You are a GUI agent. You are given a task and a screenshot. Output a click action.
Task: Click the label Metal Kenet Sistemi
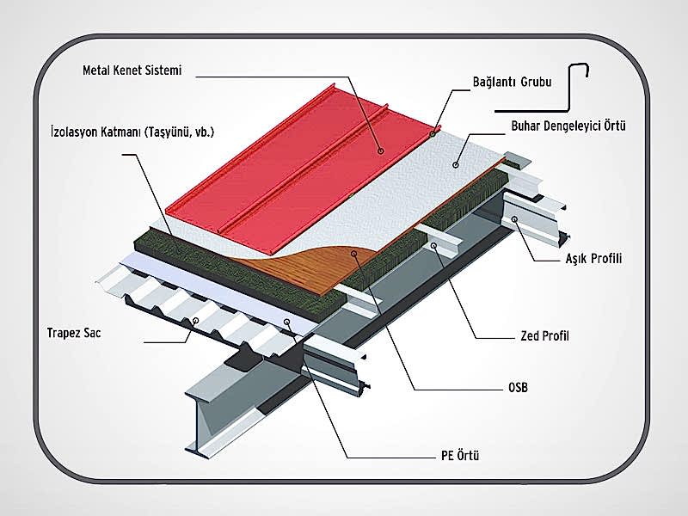[132, 71]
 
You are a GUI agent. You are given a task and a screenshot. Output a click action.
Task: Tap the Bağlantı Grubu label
[512, 82]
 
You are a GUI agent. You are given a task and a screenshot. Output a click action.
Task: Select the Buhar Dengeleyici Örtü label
[568, 126]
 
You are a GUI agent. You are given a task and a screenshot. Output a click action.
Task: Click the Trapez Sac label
[74, 333]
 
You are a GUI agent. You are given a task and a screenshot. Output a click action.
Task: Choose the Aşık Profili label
[593, 258]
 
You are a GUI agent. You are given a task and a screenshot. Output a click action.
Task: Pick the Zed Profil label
[544, 336]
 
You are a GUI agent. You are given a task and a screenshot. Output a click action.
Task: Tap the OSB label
[518, 388]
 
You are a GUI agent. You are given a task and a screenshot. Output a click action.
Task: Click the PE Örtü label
[460, 456]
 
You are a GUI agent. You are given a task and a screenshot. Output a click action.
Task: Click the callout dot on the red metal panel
[381, 151]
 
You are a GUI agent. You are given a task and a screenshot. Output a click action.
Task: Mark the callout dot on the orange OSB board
[354, 253]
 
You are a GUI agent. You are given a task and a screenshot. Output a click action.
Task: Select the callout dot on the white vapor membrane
[456, 165]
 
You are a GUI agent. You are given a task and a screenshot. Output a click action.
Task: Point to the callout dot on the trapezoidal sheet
[196, 321]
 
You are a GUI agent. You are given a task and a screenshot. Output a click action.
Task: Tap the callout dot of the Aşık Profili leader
[514, 219]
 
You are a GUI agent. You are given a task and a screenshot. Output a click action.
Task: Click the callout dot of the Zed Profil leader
[433, 246]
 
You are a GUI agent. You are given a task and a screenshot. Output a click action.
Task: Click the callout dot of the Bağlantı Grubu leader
[433, 133]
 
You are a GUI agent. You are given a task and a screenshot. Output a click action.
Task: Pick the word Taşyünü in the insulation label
[170, 132]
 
